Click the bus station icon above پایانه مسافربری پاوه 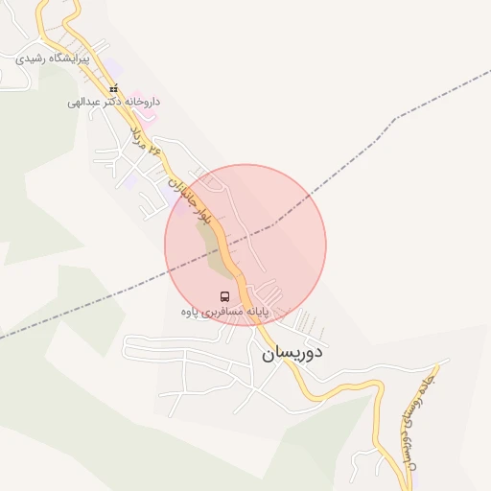224,296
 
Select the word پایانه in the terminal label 255,313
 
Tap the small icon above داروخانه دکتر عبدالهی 112,88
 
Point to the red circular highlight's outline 245,164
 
